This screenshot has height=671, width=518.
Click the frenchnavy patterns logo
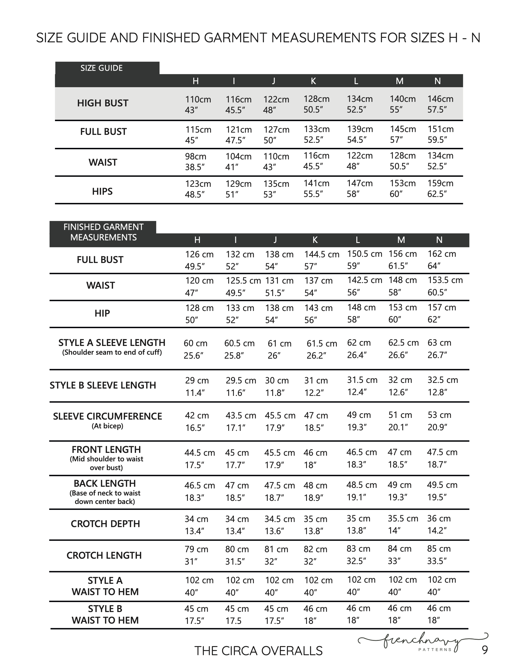(422, 642)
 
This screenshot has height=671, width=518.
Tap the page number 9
(484, 650)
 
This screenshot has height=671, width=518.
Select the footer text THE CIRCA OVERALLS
(258, 651)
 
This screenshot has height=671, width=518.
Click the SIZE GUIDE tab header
(101, 68)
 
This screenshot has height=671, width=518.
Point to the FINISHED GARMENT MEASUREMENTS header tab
(103, 232)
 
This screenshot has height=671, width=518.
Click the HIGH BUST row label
(103, 103)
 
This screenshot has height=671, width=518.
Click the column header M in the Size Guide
(400, 81)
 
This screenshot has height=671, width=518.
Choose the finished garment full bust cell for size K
(321, 260)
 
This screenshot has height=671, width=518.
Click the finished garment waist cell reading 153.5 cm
(445, 286)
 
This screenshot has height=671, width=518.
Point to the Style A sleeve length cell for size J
(279, 349)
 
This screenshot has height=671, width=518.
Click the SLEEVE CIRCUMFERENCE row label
(107, 416)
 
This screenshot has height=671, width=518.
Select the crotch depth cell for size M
(403, 525)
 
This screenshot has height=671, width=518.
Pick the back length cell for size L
(361, 491)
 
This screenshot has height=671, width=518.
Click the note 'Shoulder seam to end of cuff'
(112, 352)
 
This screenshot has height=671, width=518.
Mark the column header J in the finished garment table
(275, 240)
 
